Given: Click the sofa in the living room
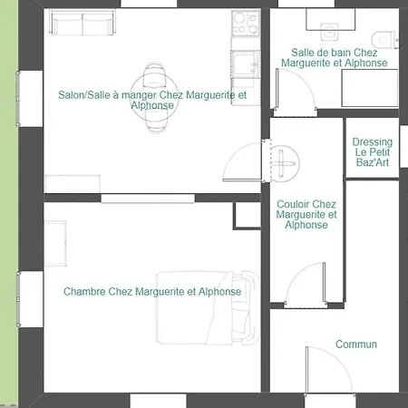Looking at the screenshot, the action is [x=83, y=22].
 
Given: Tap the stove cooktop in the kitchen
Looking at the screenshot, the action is [x=246, y=23].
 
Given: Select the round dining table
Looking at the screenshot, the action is [x=154, y=98].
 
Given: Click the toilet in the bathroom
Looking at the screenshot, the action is [x=384, y=39].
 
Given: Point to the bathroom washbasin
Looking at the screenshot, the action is [x=329, y=32].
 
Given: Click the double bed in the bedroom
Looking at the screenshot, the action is [x=208, y=307].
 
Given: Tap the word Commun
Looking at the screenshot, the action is [x=356, y=345].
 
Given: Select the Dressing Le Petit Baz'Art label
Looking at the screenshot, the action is [x=373, y=152].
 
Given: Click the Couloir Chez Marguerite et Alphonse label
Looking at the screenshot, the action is [x=306, y=214].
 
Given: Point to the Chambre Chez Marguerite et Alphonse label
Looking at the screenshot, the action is [x=152, y=292].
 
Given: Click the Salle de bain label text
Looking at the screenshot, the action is [x=335, y=57].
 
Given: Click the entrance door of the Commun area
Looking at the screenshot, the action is [x=329, y=371].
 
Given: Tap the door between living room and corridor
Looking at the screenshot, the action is [x=243, y=162].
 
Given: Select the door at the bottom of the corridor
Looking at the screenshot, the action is [x=306, y=284].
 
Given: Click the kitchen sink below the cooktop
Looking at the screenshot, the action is [x=246, y=64].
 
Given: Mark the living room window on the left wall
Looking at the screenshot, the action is [x=19, y=99].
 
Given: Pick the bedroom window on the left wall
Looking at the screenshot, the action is [x=19, y=299].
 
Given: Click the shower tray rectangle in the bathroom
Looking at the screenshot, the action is [x=370, y=88].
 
